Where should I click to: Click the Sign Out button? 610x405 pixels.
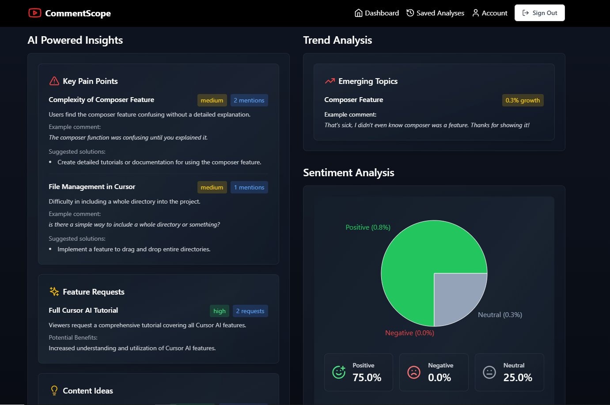[539, 13]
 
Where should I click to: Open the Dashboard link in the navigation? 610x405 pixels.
[377, 13]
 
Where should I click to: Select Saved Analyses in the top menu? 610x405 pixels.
[435, 13]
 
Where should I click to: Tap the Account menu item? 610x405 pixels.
[490, 13]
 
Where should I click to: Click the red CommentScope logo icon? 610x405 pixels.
[34, 13]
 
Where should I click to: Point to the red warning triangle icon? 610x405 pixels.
[54, 81]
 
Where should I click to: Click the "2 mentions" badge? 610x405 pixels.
[249, 100]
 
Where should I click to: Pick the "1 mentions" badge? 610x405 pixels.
[249, 187]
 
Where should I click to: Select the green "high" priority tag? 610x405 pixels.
[219, 311]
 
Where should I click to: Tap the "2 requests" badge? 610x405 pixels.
[250, 311]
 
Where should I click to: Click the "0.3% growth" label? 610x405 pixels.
[523, 100]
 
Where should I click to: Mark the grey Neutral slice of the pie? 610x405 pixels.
[455, 294]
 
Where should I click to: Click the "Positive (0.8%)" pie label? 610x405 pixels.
[368, 227]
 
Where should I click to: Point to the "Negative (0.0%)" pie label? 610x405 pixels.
[409, 333]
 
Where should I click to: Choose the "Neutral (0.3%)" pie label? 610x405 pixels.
[500, 315]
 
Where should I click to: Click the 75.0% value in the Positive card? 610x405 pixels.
[367, 378]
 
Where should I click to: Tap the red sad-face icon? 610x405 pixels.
[414, 372]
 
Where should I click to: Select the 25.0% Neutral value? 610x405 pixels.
[518, 378]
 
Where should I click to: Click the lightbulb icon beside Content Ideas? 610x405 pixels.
[54, 390]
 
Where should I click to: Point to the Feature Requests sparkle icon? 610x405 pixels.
[54, 291]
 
